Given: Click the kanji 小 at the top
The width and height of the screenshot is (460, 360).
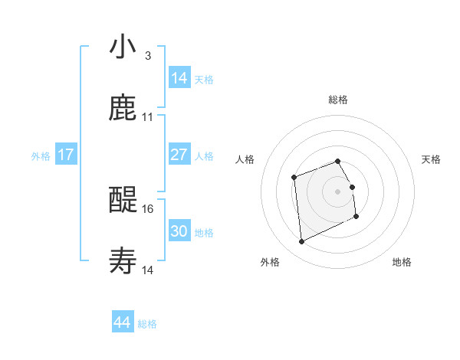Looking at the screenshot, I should tap(123, 47).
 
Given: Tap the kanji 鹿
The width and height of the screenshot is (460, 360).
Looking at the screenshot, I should tap(123, 109).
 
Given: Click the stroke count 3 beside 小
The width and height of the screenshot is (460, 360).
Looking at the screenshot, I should tap(147, 56).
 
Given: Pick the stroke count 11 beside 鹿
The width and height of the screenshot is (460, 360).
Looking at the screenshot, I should tap(148, 117).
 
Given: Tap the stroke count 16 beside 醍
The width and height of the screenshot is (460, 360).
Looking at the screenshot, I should tap(148, 208).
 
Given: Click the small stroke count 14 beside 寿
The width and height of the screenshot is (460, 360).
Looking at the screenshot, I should tap(148, 270).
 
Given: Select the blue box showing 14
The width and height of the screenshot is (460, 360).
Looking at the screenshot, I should tap(179, 78).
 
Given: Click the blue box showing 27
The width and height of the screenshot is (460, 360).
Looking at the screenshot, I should tap(179, 155).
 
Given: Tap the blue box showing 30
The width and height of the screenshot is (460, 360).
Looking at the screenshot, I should tap(179, 231).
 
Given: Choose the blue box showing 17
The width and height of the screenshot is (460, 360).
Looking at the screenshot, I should tap(66, 155).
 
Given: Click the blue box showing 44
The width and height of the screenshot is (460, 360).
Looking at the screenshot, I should tap(123, 322).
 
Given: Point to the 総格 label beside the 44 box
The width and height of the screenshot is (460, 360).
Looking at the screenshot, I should tap(147, 324).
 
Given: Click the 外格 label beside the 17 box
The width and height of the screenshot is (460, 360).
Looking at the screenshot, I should tap(41, 156).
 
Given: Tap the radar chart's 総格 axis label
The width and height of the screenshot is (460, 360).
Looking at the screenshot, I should tap(337, 100).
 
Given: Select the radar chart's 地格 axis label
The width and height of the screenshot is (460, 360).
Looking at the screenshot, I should tap(402, 262).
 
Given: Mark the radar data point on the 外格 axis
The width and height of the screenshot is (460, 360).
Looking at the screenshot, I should tap(301, 242).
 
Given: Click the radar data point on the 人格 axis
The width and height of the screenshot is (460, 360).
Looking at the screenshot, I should tap(294, 178).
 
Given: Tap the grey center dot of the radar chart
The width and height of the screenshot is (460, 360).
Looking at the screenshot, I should tap(337, 191).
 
